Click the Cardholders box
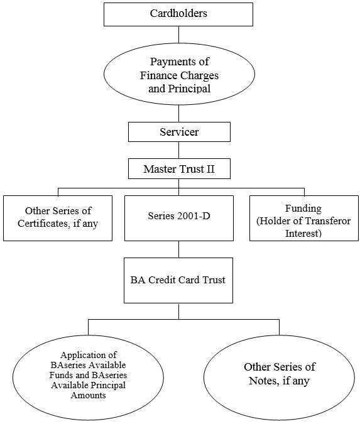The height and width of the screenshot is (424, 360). [x=178, y=14]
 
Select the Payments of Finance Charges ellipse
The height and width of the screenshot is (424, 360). [x=179, y=74]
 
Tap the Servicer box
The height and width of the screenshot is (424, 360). [x=179, y=132]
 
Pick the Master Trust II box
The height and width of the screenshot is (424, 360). [x=179, y=169]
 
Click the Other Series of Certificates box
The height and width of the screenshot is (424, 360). [x=58, y=218]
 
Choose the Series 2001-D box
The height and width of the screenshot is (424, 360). [x=179, y=218]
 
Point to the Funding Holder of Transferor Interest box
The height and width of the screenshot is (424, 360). [x=303, y=218]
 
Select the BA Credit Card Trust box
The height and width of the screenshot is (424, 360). [x=178, y=280]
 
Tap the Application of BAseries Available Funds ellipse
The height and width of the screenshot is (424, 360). [x=88, y=378]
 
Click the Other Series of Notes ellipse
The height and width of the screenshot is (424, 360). [x=279, y=378]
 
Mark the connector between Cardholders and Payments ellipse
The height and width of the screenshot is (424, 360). [x=179, y=35]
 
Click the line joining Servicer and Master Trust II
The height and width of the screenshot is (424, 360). [x=179, y=150]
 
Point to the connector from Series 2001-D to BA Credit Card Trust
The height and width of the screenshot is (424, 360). [x=179, y=249]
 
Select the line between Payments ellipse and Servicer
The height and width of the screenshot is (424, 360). [x=179, y=114]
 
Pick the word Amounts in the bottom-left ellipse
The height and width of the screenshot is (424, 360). [x=88, y=395]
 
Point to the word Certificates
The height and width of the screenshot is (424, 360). [x=45, y=224]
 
